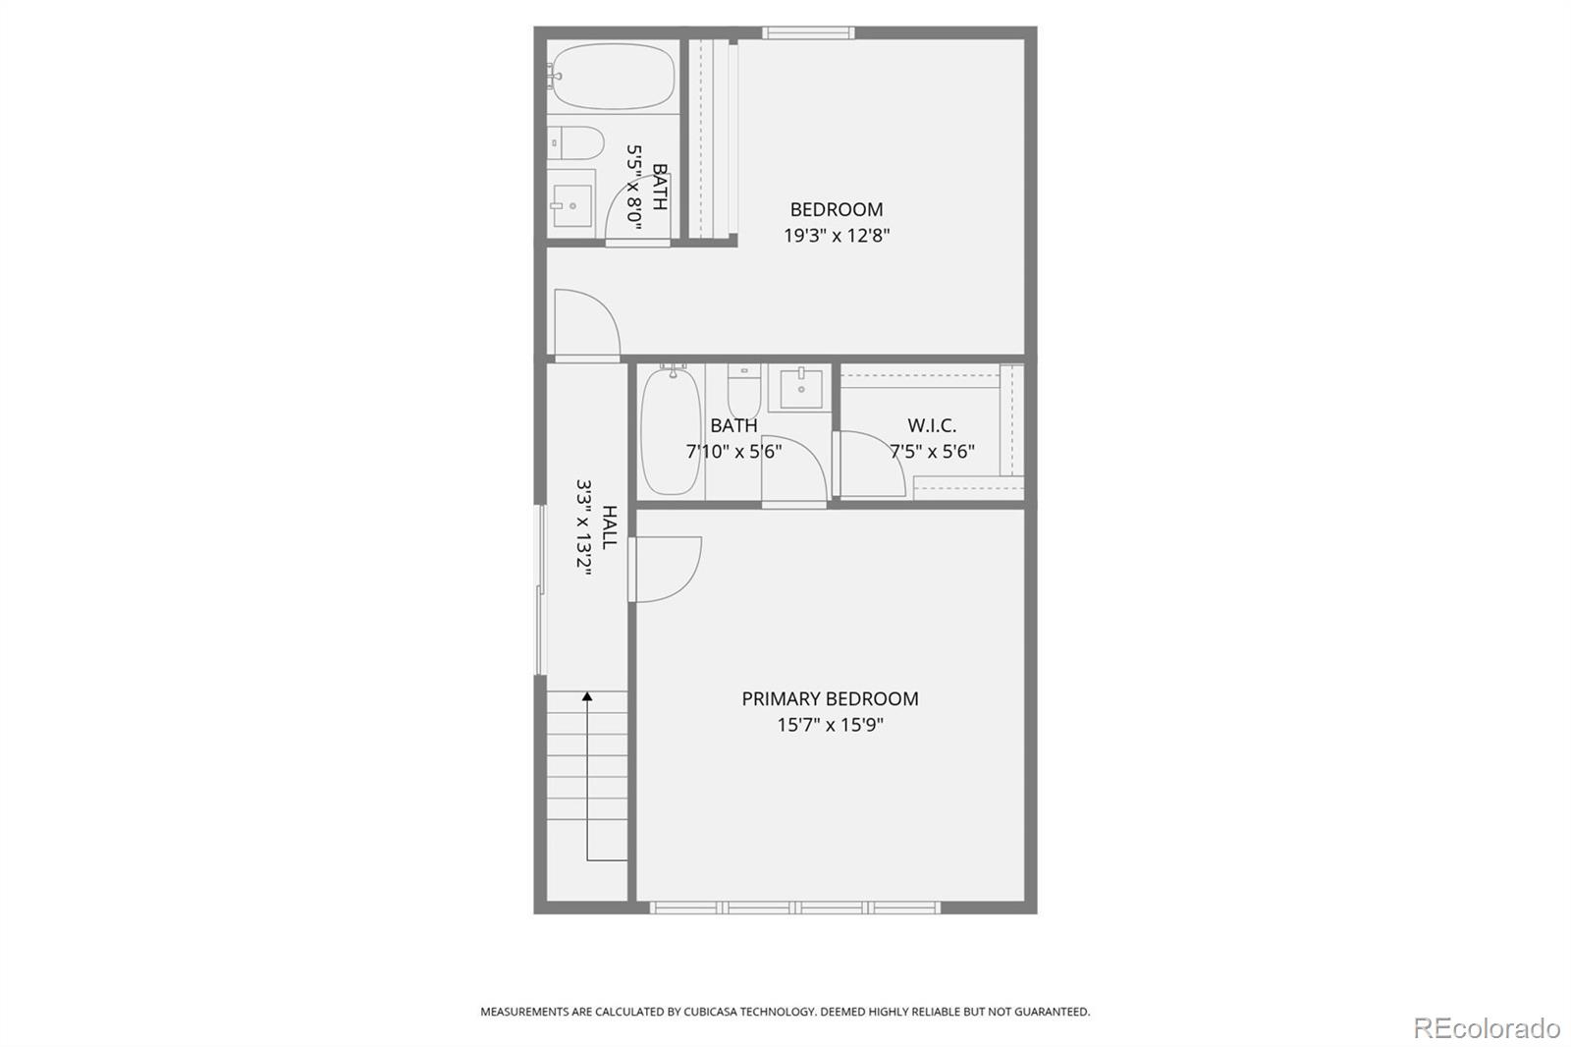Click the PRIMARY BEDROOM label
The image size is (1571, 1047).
[x=830, y=698]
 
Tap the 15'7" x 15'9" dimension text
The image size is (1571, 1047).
[x=830, y=725]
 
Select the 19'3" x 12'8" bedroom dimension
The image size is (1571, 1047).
[x=837, y=236]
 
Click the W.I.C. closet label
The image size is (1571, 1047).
[x=932, y=425]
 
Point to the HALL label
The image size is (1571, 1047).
[x=610, y=527]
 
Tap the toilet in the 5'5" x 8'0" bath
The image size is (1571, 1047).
[x=575, y=143]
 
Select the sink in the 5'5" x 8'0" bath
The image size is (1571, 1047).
[x=571, y=205]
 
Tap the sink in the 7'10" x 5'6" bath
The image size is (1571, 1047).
[x=801, y=389]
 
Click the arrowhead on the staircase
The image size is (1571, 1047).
[x=587, y=697]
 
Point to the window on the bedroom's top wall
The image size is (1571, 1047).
[x=808, y=33]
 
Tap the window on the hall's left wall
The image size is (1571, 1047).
[x=540, y=589]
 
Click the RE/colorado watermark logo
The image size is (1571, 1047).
[x=1487, y=1027]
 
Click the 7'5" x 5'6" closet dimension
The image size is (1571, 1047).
[x=932, y=452]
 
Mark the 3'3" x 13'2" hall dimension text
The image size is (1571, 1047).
[x=585, y=527]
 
